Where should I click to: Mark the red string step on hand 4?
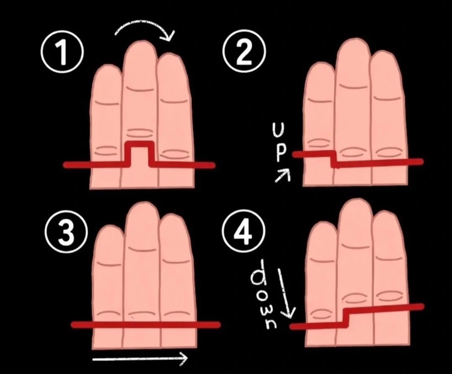point(346,318)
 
